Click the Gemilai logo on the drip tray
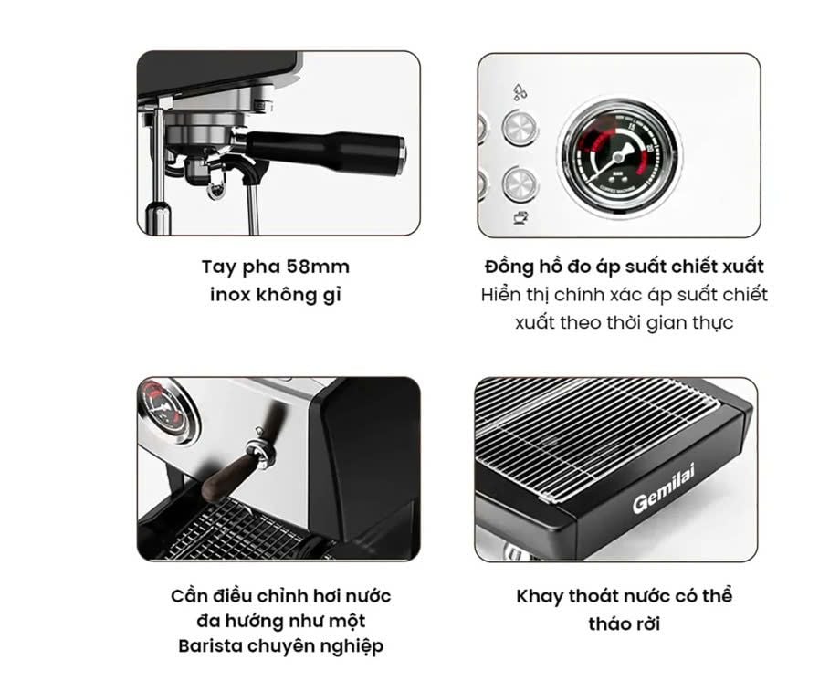point(663,487)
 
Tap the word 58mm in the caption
point(318,267)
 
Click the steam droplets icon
point(520,92)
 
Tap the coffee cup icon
point(520,217)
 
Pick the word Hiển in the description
point(499,295)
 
